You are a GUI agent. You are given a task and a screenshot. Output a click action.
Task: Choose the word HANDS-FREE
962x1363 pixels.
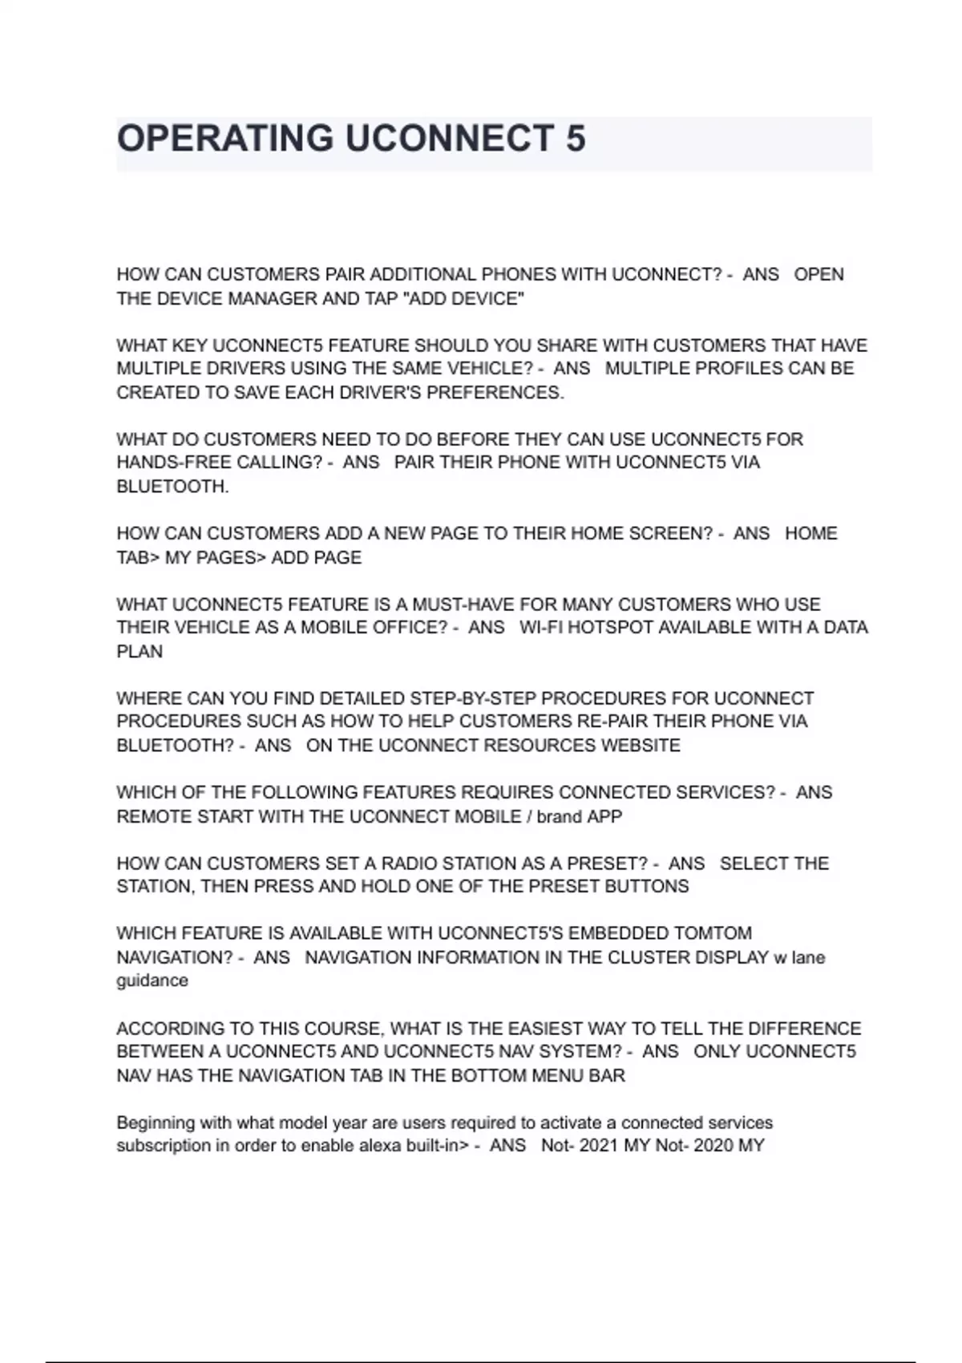coord(163,463)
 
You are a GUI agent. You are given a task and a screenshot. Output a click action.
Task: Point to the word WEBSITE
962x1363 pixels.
coord(641,746)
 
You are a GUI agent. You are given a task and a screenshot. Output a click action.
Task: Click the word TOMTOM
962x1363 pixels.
coord(712,934)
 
